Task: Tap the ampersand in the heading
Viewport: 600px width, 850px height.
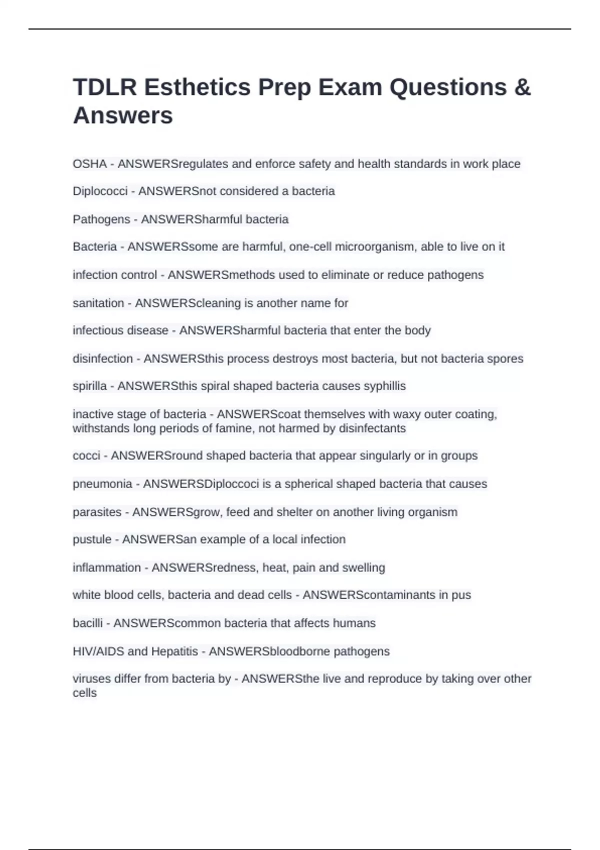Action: point(522,87)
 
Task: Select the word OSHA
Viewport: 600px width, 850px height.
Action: point(89,164)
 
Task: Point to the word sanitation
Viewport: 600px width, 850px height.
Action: point(98,303)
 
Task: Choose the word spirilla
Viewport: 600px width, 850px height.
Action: point(89,386)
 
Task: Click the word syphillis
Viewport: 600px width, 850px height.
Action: point(384,386)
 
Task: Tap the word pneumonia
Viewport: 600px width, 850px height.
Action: point(102,484)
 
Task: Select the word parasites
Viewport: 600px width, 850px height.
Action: point(97,512)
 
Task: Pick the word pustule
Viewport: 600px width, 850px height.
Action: point(92,539)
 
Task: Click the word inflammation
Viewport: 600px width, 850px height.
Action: point(106,567)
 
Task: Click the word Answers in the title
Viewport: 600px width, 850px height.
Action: point(123,115)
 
